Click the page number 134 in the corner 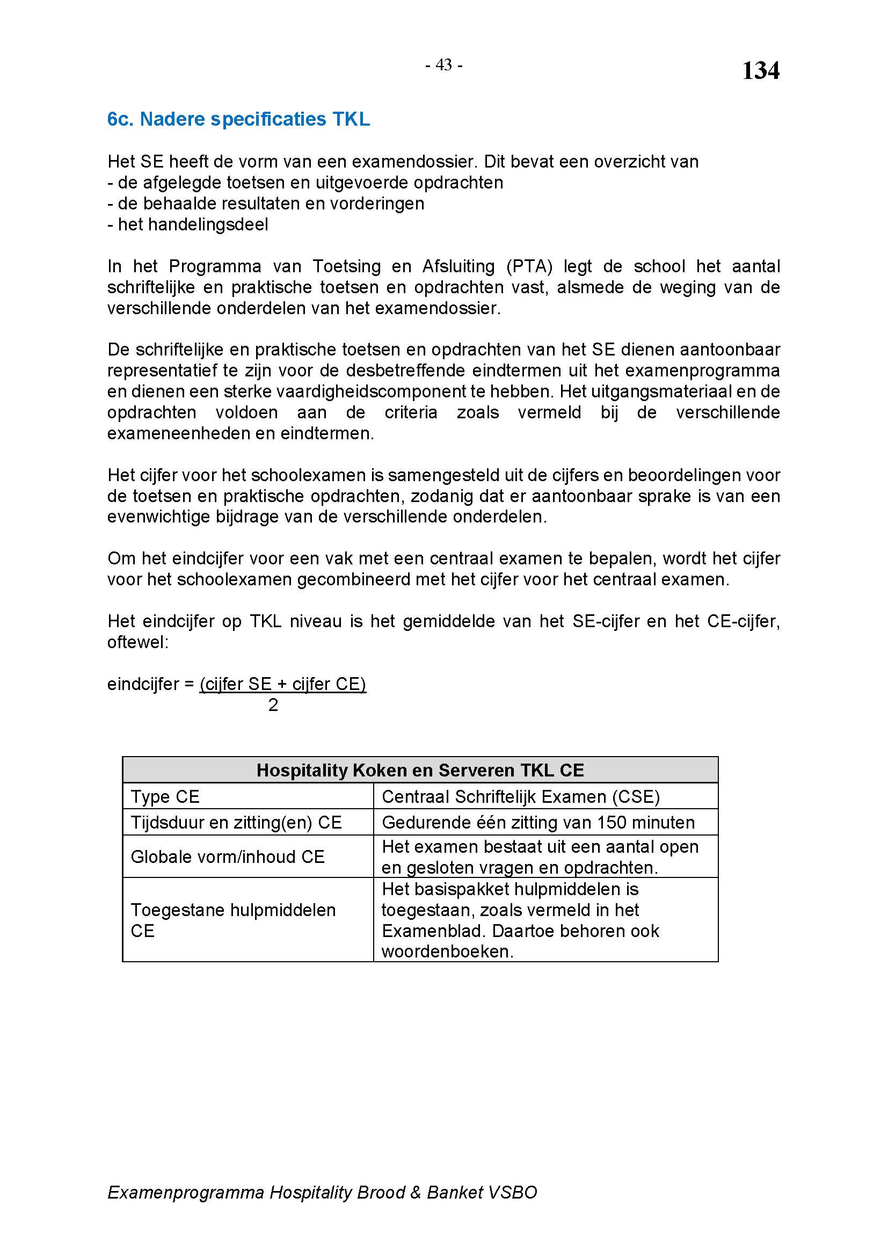coord(760,71)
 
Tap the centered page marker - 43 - coord(444,65)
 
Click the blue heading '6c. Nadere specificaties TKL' coord(238,119)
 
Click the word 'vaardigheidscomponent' coord(365,391)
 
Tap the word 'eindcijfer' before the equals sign coord(142,684)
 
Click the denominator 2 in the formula coord(273,705)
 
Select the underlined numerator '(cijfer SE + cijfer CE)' coord(283,684)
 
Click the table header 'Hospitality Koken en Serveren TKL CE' coord(420,770)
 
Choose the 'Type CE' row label coord(165,796)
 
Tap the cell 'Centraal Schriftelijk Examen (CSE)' coord(521,796)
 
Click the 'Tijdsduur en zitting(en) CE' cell coord(236,822)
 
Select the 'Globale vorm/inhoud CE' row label coord(228,856)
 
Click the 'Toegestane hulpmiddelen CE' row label coord(233,920)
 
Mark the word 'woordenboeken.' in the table coord(447,952)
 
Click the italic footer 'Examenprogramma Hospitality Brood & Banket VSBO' coord(322,1192)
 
